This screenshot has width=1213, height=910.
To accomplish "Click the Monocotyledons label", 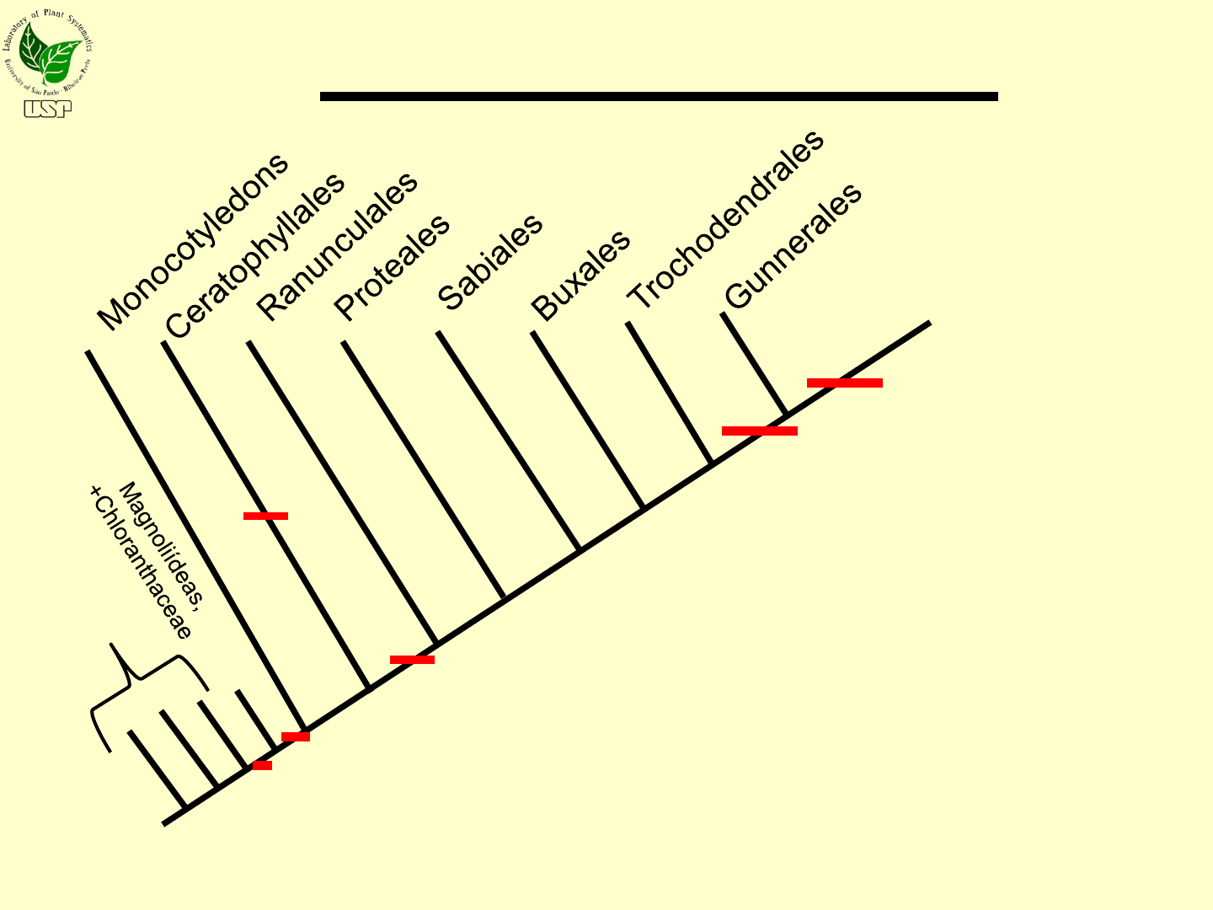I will (193, 243).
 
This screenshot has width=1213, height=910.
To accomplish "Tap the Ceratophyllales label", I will (255, 255).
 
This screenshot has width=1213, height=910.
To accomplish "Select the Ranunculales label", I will (337, 246).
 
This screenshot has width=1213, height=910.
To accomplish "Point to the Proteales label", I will (393, 267).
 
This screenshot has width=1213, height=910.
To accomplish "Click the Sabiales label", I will (490, 262).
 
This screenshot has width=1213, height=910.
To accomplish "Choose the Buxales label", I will (580, 275).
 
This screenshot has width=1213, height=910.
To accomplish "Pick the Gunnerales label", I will (794, 245).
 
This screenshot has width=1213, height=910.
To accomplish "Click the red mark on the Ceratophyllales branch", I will (265, 516).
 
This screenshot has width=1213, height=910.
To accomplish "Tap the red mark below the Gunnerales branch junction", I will (759, 431).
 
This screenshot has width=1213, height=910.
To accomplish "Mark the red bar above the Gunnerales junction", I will (844, 383).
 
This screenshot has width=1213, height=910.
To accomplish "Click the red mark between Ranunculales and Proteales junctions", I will (412, 660).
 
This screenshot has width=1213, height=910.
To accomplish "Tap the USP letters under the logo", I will (48, 109).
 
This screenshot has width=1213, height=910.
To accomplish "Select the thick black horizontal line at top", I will (659, 97).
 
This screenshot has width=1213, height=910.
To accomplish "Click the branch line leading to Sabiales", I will (471, 465).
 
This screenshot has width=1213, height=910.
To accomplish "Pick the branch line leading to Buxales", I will (587, 420).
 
